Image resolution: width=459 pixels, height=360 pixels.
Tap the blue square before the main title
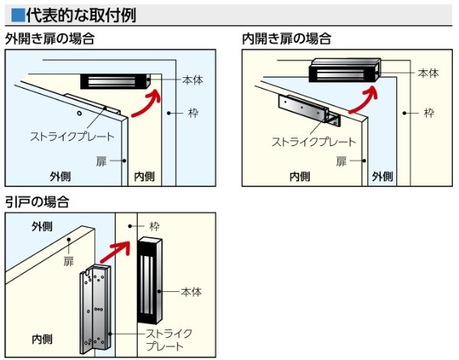(15, 14)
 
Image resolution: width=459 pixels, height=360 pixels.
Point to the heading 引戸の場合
(37, 202)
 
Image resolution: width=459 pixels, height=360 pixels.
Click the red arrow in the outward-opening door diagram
(146, 104)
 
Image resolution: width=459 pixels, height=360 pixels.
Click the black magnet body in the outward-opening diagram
(116, 81)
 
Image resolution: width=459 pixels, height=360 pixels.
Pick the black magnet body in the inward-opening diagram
(344, 72)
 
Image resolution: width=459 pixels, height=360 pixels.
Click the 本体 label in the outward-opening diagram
(192, 79)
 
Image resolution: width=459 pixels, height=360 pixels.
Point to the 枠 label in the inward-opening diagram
(429, 112)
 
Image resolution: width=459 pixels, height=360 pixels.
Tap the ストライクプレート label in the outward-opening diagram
(72, 137)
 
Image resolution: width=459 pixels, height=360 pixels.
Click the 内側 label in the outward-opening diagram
(144, 177)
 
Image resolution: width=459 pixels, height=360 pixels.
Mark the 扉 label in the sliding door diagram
(69, 261)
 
